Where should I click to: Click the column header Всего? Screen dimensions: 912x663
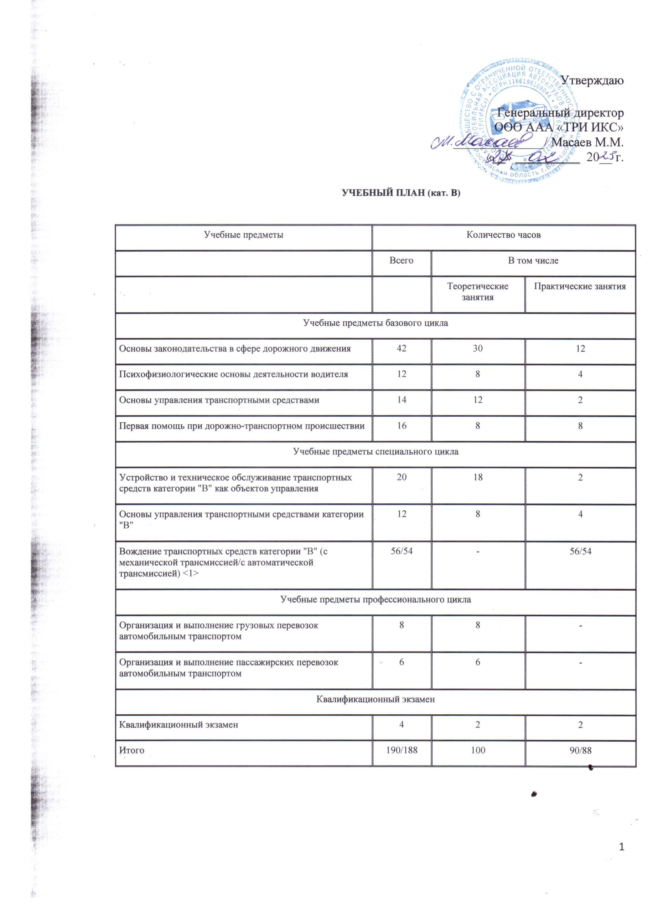click(401, 260)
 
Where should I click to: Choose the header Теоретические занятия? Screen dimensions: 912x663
click(478, 291)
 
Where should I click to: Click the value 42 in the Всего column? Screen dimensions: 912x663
click(401, 349)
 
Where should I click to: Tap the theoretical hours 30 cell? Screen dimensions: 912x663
click(478, 349)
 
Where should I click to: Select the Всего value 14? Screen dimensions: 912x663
click(401, 400)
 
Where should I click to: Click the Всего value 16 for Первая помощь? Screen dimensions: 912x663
click(401, 426)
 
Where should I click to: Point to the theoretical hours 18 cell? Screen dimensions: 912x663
click(478, 477)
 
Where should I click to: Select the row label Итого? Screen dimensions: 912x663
click(131, 750)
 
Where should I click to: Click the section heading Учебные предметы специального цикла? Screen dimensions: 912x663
click(375, 452)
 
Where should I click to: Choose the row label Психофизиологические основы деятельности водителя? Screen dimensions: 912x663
click(233, 374)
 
